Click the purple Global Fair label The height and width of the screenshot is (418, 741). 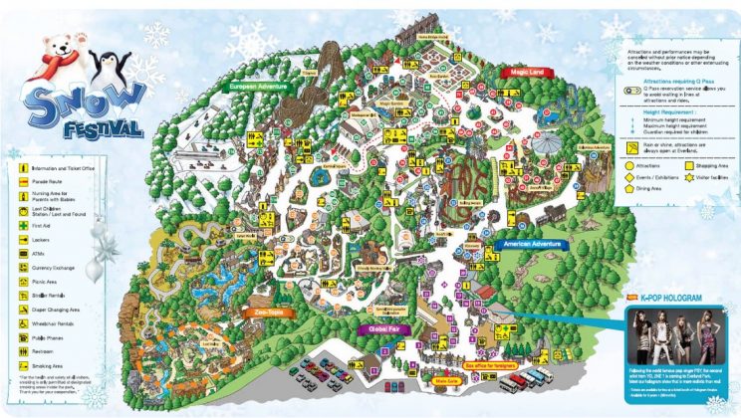click(x=383, y=328)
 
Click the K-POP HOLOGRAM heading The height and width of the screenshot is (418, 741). click(x=672, y=298)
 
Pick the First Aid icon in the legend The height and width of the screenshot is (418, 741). click(x=21, y=226)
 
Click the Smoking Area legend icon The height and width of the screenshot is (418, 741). click(x=21, y=365)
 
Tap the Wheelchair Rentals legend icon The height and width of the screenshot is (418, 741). click(x=21, y=323)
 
